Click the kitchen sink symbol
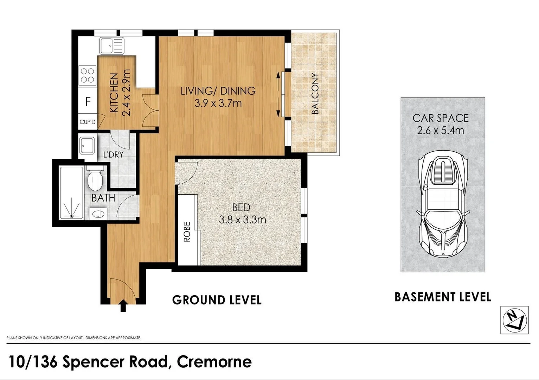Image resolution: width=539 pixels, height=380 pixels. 112,46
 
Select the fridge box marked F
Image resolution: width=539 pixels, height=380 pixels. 88,102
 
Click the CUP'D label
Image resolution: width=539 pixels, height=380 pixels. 87,122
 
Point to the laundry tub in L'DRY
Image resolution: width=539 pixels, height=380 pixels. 87,146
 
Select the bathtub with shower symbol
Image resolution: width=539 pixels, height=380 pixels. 72,193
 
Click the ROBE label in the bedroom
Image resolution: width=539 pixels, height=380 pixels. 187,232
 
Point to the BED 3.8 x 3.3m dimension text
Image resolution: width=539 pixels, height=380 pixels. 242,220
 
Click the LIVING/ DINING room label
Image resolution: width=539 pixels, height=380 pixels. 218,91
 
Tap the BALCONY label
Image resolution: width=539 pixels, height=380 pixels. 315,94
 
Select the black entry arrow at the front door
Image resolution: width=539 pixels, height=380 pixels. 123,305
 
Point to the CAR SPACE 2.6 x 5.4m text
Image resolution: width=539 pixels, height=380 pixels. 441,124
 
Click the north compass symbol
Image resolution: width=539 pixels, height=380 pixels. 514,319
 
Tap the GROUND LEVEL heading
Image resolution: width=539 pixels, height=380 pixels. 217,300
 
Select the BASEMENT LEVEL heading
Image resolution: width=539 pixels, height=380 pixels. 442,297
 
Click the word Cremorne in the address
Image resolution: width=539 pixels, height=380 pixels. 214,362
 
